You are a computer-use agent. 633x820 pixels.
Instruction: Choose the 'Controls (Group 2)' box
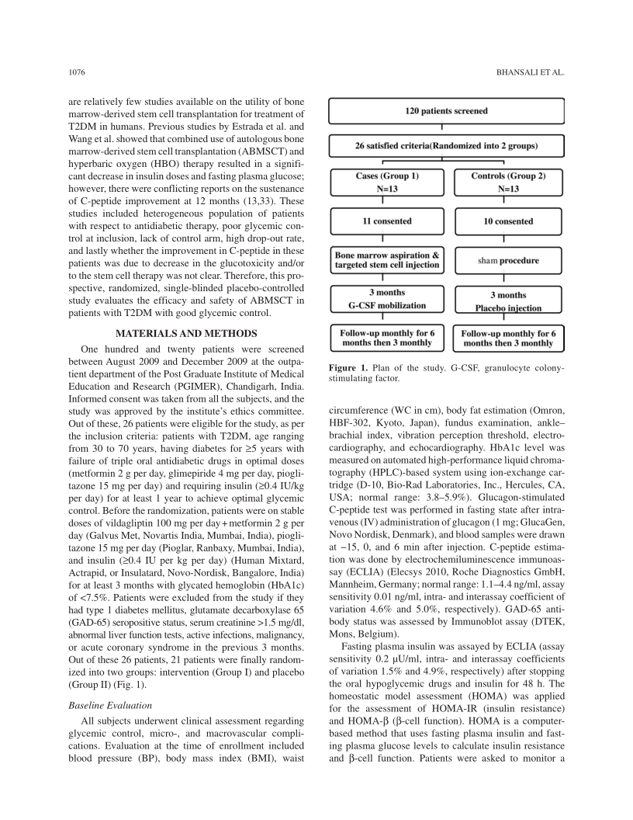508,182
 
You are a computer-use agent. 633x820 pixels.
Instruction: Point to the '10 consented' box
508,221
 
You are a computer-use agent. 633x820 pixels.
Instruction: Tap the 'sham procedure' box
508,261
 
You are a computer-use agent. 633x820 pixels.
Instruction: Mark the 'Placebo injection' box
508,301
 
